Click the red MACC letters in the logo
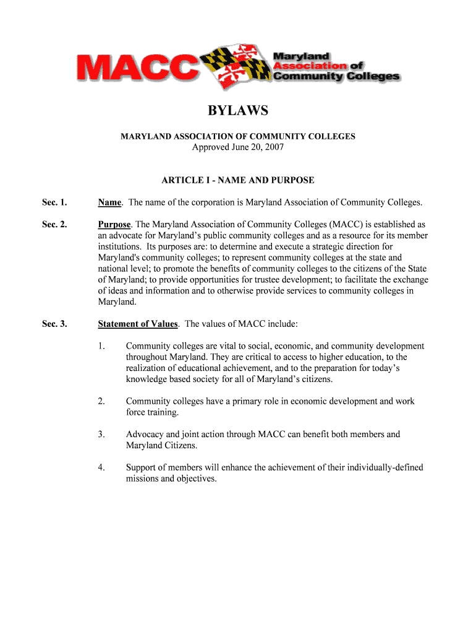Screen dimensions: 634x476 pos(135,67)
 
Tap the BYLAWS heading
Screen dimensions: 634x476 pos(238,111)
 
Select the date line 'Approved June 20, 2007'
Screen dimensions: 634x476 pos(238,147)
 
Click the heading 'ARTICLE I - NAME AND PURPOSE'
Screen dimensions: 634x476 pos(238,180)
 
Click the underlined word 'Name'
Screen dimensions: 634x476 pos(110,202)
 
